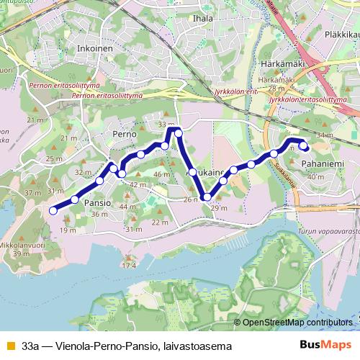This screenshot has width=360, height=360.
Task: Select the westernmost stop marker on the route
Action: pos(53,210)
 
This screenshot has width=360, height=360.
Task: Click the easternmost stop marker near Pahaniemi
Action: pos(304,146)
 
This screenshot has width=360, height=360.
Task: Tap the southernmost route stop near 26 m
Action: pos(207,197)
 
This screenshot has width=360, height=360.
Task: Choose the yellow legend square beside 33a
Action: pos(9,346)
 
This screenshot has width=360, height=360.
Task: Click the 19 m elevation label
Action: pos(68,230)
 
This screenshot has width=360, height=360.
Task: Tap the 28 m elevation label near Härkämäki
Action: pos(276,89)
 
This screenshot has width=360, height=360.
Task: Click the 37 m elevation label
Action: pos(32,193)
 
